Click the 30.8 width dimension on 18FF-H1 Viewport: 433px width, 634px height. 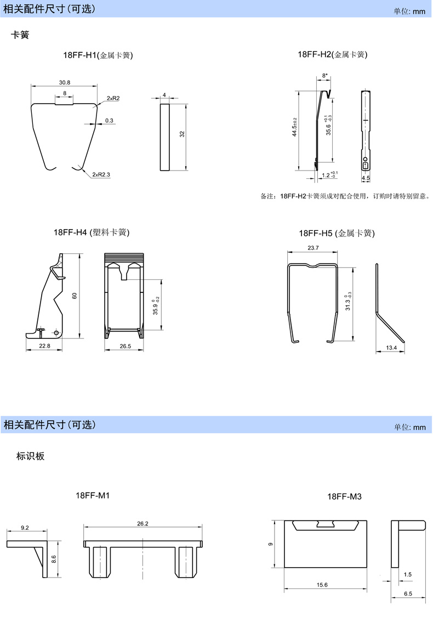(x=65, y=82)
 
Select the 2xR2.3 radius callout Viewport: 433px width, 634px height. (x=101, y=174)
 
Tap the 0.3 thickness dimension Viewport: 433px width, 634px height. (x=109, y=121)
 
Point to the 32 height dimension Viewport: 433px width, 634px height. (x=182, y=134)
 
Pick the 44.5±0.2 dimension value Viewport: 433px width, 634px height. (x=294, y=127)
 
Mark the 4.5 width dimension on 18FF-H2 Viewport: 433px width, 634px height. (x=366, y=178)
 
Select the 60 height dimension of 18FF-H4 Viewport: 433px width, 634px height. (x=75, y=296)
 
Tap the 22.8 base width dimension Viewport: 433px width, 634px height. (x=44, y=346)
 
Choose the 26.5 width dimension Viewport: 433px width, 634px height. (x=125, y=346)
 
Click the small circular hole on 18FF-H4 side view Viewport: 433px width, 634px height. (x=56, y=333)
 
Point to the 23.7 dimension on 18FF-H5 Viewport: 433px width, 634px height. (x=313, y=248)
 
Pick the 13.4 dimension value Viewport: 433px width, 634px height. (x=391, y=348)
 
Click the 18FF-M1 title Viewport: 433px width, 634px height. (x=93, y=496)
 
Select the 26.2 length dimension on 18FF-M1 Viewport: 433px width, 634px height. (x=143, y=524)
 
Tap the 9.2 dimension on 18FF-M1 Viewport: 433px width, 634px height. (x=25, y=528)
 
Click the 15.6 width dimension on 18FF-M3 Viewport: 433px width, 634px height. (x=322, y=585)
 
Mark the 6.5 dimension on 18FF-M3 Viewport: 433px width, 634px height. (x=408, y=594)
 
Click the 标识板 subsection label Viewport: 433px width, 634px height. (x=30, y=456)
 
